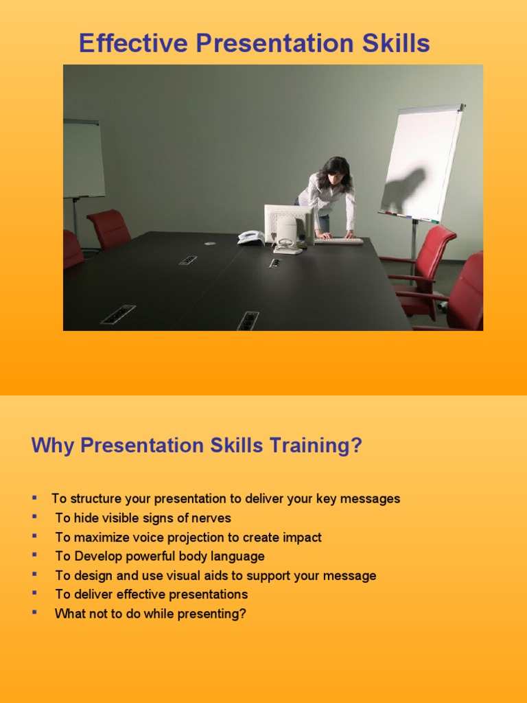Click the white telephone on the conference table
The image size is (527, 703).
pos(250,238)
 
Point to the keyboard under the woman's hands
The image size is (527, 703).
pos(338,240)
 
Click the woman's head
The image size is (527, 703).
pos(335,172)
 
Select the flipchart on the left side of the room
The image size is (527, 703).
pos(83,159)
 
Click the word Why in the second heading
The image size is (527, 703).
pos(53,446)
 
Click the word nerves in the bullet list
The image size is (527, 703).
pos(212,518)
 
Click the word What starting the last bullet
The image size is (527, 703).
pos(69,614)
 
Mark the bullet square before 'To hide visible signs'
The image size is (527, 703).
pos(34,516)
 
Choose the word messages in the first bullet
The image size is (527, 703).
pos(373,499)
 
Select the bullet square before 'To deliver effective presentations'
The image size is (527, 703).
pos(34,592)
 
